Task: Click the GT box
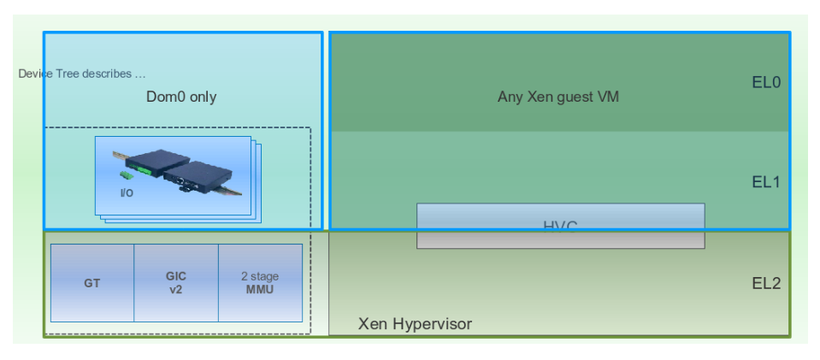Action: [92, 283]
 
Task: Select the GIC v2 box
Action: [175, 283]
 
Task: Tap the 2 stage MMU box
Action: [260, 283]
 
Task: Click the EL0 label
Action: [766, 83]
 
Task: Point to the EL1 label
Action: [766, 181]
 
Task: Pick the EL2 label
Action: [766, 284]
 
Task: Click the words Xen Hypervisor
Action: [415, 324]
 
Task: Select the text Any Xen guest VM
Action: [557, 97]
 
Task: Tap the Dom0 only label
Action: [181, 97]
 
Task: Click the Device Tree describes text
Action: [81, 74]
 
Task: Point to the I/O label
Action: [127, 193]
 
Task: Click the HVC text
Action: [560, 226]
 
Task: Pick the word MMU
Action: [260, 290]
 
